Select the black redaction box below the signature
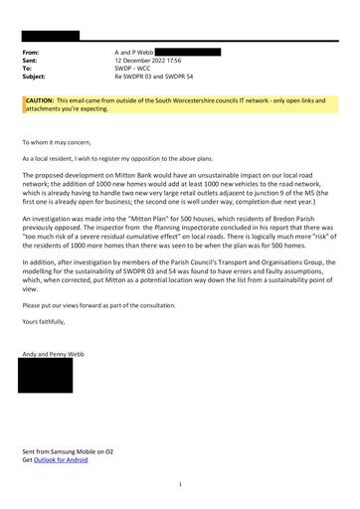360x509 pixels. click(45, 376)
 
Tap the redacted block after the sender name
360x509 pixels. click(190, 50)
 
